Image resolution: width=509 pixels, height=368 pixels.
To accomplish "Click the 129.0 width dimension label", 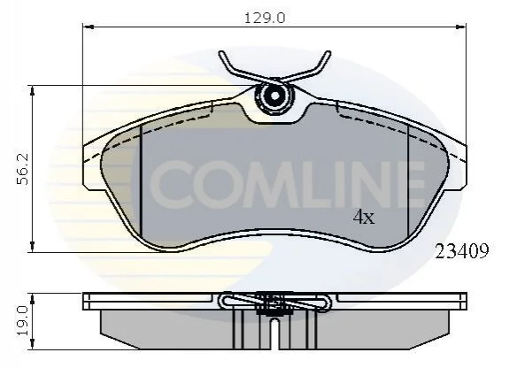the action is pyautogui.click(x=265, y=18).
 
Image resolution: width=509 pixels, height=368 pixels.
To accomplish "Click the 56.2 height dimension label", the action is pyautogui.click(x=23, y=169).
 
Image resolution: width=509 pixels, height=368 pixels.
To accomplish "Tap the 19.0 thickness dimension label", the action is pyautogui.click(x=23, y=321).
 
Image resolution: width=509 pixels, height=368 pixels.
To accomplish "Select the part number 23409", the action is pyautogui.click(x=461, y=251).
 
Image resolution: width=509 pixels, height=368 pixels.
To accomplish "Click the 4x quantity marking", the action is pyautogui.click(x=364, y=217).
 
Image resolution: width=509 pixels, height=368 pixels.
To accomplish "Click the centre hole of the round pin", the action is pyautogui.click(x=274, y=96).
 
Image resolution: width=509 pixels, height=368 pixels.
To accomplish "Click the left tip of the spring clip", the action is pyautogui.click(x=221, y=53).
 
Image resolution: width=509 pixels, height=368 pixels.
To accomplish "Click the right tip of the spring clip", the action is pyautogui.click(x=328, y=53).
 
